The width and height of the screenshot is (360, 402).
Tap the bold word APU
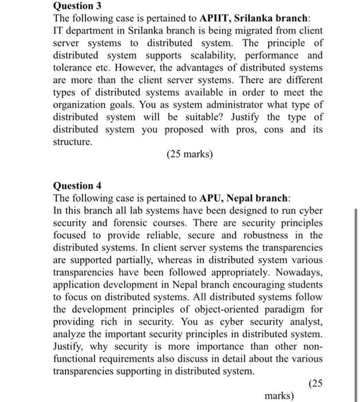pyautogui.click(x=211, y=199)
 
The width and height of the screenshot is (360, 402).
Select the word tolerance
pyautogui.click(x=72, y=67)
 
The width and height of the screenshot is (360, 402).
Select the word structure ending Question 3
pyautogui.click(x=72, y=141)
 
